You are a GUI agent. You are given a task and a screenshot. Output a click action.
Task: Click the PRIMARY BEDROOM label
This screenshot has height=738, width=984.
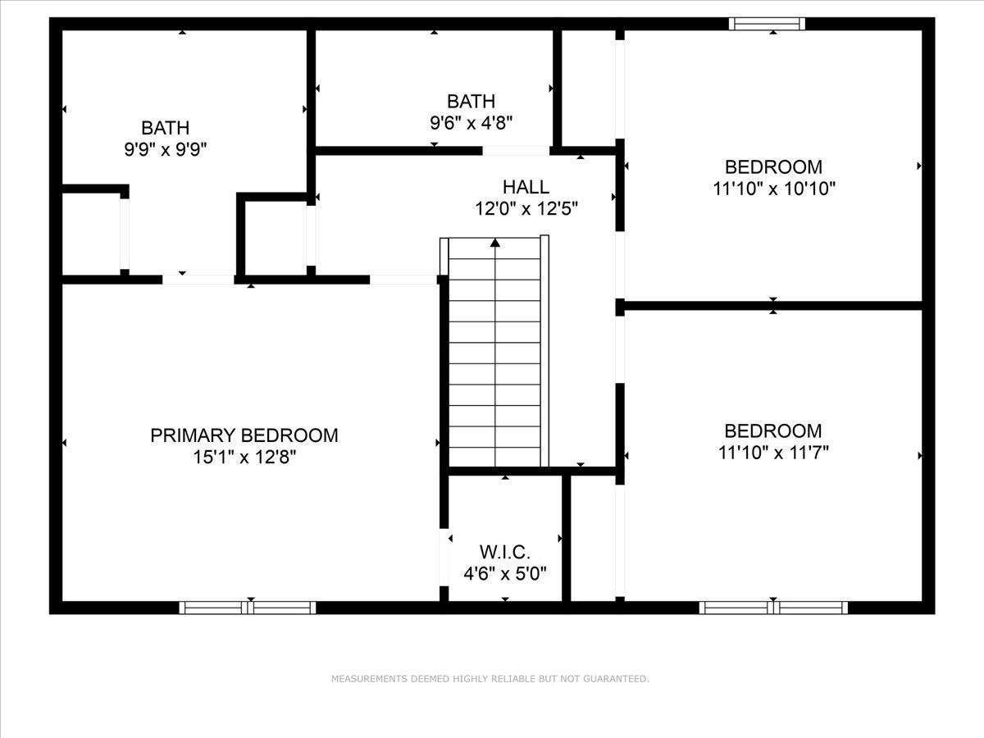(x=244, y=435)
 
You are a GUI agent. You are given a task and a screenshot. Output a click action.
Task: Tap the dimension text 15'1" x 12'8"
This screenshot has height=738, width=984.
(x=244, y=458)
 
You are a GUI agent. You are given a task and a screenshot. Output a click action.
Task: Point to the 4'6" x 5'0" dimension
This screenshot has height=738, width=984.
(x=505, y=573)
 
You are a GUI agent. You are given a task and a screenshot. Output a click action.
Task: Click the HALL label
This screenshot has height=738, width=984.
(x=526, y=187)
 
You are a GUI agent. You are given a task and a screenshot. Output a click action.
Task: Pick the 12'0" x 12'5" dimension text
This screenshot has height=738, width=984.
(x=526, y=209)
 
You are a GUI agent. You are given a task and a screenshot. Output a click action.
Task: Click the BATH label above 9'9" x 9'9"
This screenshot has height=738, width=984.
(x=166, y=128)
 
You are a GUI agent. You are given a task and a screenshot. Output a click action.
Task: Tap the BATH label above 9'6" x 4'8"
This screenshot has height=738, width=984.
(x=471, y=102)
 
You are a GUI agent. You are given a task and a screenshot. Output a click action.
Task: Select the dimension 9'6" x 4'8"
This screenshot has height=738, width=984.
(x=471, y=123)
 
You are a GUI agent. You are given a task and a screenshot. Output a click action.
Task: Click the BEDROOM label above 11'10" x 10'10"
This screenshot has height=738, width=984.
(x=773, y=167)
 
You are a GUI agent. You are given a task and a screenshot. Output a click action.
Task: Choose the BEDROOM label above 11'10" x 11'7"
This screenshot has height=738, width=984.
(x=773, y=430)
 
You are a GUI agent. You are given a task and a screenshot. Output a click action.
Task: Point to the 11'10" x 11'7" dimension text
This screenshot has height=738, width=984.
(x=773, y=452)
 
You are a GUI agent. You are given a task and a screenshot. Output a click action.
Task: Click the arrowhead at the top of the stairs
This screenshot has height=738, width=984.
(x=495, y=243)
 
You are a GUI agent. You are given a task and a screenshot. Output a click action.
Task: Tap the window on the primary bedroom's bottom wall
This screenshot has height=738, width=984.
(x=248, y=608)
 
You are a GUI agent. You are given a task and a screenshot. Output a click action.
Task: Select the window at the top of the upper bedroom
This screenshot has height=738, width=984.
(x=767, y=24)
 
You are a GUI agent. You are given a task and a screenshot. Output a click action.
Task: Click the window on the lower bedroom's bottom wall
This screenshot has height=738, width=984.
(x=773, y=608)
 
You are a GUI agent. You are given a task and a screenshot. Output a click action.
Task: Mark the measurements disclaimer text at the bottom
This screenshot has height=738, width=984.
(x=490, y=679)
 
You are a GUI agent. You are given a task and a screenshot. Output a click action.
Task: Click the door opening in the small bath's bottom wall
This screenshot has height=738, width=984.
(x=515, y=151)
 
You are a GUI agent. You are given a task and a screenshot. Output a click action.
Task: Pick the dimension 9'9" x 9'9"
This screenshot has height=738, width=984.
(x=166, y=149)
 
